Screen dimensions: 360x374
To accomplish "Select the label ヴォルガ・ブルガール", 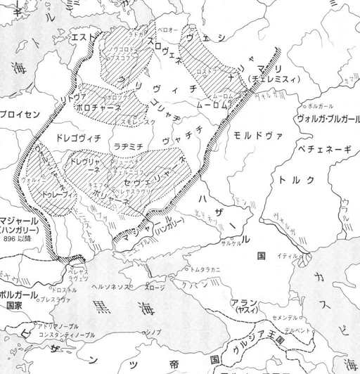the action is pyautogui.click(x=319, y=117).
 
